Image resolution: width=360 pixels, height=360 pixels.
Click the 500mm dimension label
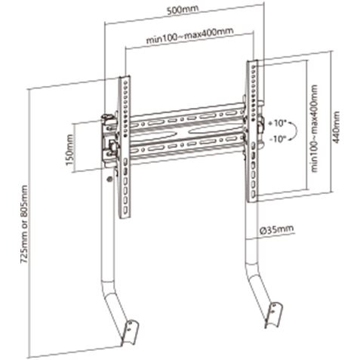tap(183, 10)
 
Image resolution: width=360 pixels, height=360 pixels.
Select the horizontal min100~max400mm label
tap(190, 35)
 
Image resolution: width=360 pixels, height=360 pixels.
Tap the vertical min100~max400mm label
tap(315, 128)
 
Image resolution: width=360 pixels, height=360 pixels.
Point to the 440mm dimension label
tap(337, 128)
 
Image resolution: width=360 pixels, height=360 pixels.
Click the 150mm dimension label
tap(69, 150)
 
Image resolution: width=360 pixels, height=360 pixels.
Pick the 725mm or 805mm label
tap(24, 224)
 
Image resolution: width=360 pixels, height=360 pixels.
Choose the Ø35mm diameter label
tap(276, 229)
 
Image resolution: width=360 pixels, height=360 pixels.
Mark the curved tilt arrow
tap(297, 131)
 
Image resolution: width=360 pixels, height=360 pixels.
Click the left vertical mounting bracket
tap(125, 146)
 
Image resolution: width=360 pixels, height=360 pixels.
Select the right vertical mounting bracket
tap(252, 131)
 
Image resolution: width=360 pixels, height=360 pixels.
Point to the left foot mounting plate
tap(131, 331)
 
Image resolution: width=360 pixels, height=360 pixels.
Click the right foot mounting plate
tap(274, 315)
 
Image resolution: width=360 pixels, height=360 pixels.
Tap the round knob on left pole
tap(109, 179)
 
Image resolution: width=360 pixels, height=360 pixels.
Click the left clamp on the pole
tap(109, 137)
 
